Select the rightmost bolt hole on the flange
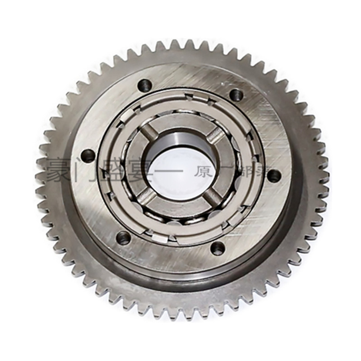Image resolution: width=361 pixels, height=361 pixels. click(x=274, y=176)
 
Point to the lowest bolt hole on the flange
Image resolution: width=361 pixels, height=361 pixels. click(x=218, y=247)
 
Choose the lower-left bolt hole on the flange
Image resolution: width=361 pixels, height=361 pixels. click(x=123, y=237)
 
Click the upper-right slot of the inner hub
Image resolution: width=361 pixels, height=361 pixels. click(x=216, y=135)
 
